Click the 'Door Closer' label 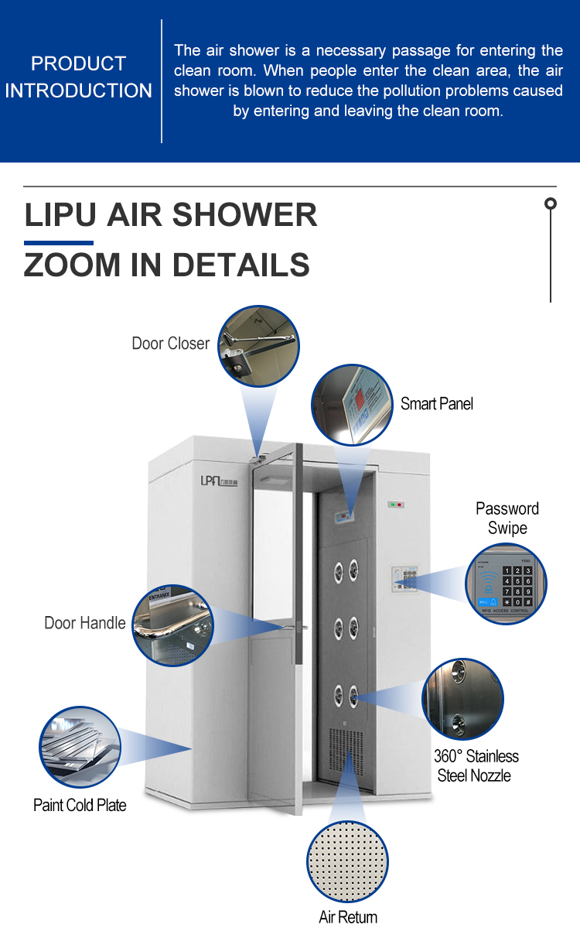pyautogui.click(x=170, y=344)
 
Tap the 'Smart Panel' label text pyautogui.click(x=436, y=404)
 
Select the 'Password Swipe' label pyautogui.click(x=507, y=519)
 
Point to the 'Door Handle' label pyautogui.click(x=84, y=623)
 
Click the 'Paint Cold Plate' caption pyautogui.click(x=80, y=806)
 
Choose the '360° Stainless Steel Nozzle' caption pyautogui.click(x=476, y=766)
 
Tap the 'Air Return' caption pyautogui.click(x=348, y=918)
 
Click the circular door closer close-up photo pyautogui.click(x=258, y=346)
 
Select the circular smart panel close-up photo pyautogui.click(x=352, y=406)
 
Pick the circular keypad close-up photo pyautogui.click(x=506, y=584)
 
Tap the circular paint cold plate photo pyautogui.click(x=80, y=747)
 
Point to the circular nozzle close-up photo pyautogui.click(x=462, y=700)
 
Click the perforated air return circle pyautogui.click(x=348, y=861)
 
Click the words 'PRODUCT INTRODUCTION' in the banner pyautogui.click(x=79, y=77)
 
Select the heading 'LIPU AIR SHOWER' pyautogui.click(x=171, y=214)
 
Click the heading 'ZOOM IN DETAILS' pyautogui.click(x=167, y=265)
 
